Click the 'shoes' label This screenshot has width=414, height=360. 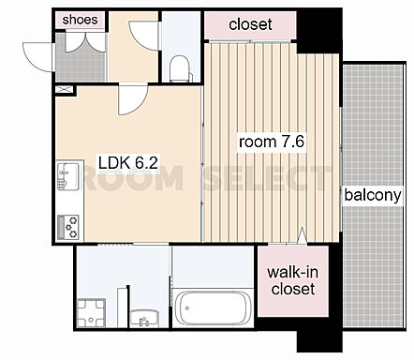(80, 20)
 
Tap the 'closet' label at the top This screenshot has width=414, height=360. (250, 24)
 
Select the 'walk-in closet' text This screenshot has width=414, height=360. (293, 280)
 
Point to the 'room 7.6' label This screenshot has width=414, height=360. (272, 142)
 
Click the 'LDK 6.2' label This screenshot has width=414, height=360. (128, 163)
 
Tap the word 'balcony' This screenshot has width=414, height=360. (373, 195)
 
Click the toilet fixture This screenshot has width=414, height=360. (180, 69)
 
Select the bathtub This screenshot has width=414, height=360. (213, 307)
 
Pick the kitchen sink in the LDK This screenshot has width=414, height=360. (67, 175)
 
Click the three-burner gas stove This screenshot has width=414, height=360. (68, 227)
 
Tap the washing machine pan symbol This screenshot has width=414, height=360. (91, 313)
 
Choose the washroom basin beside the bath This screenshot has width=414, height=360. (144, 319)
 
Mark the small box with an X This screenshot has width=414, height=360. (66, 89)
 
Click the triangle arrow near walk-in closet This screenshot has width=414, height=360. (303, 235)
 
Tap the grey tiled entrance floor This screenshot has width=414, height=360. (81, 58)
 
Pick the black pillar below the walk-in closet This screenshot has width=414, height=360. (319, 340)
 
